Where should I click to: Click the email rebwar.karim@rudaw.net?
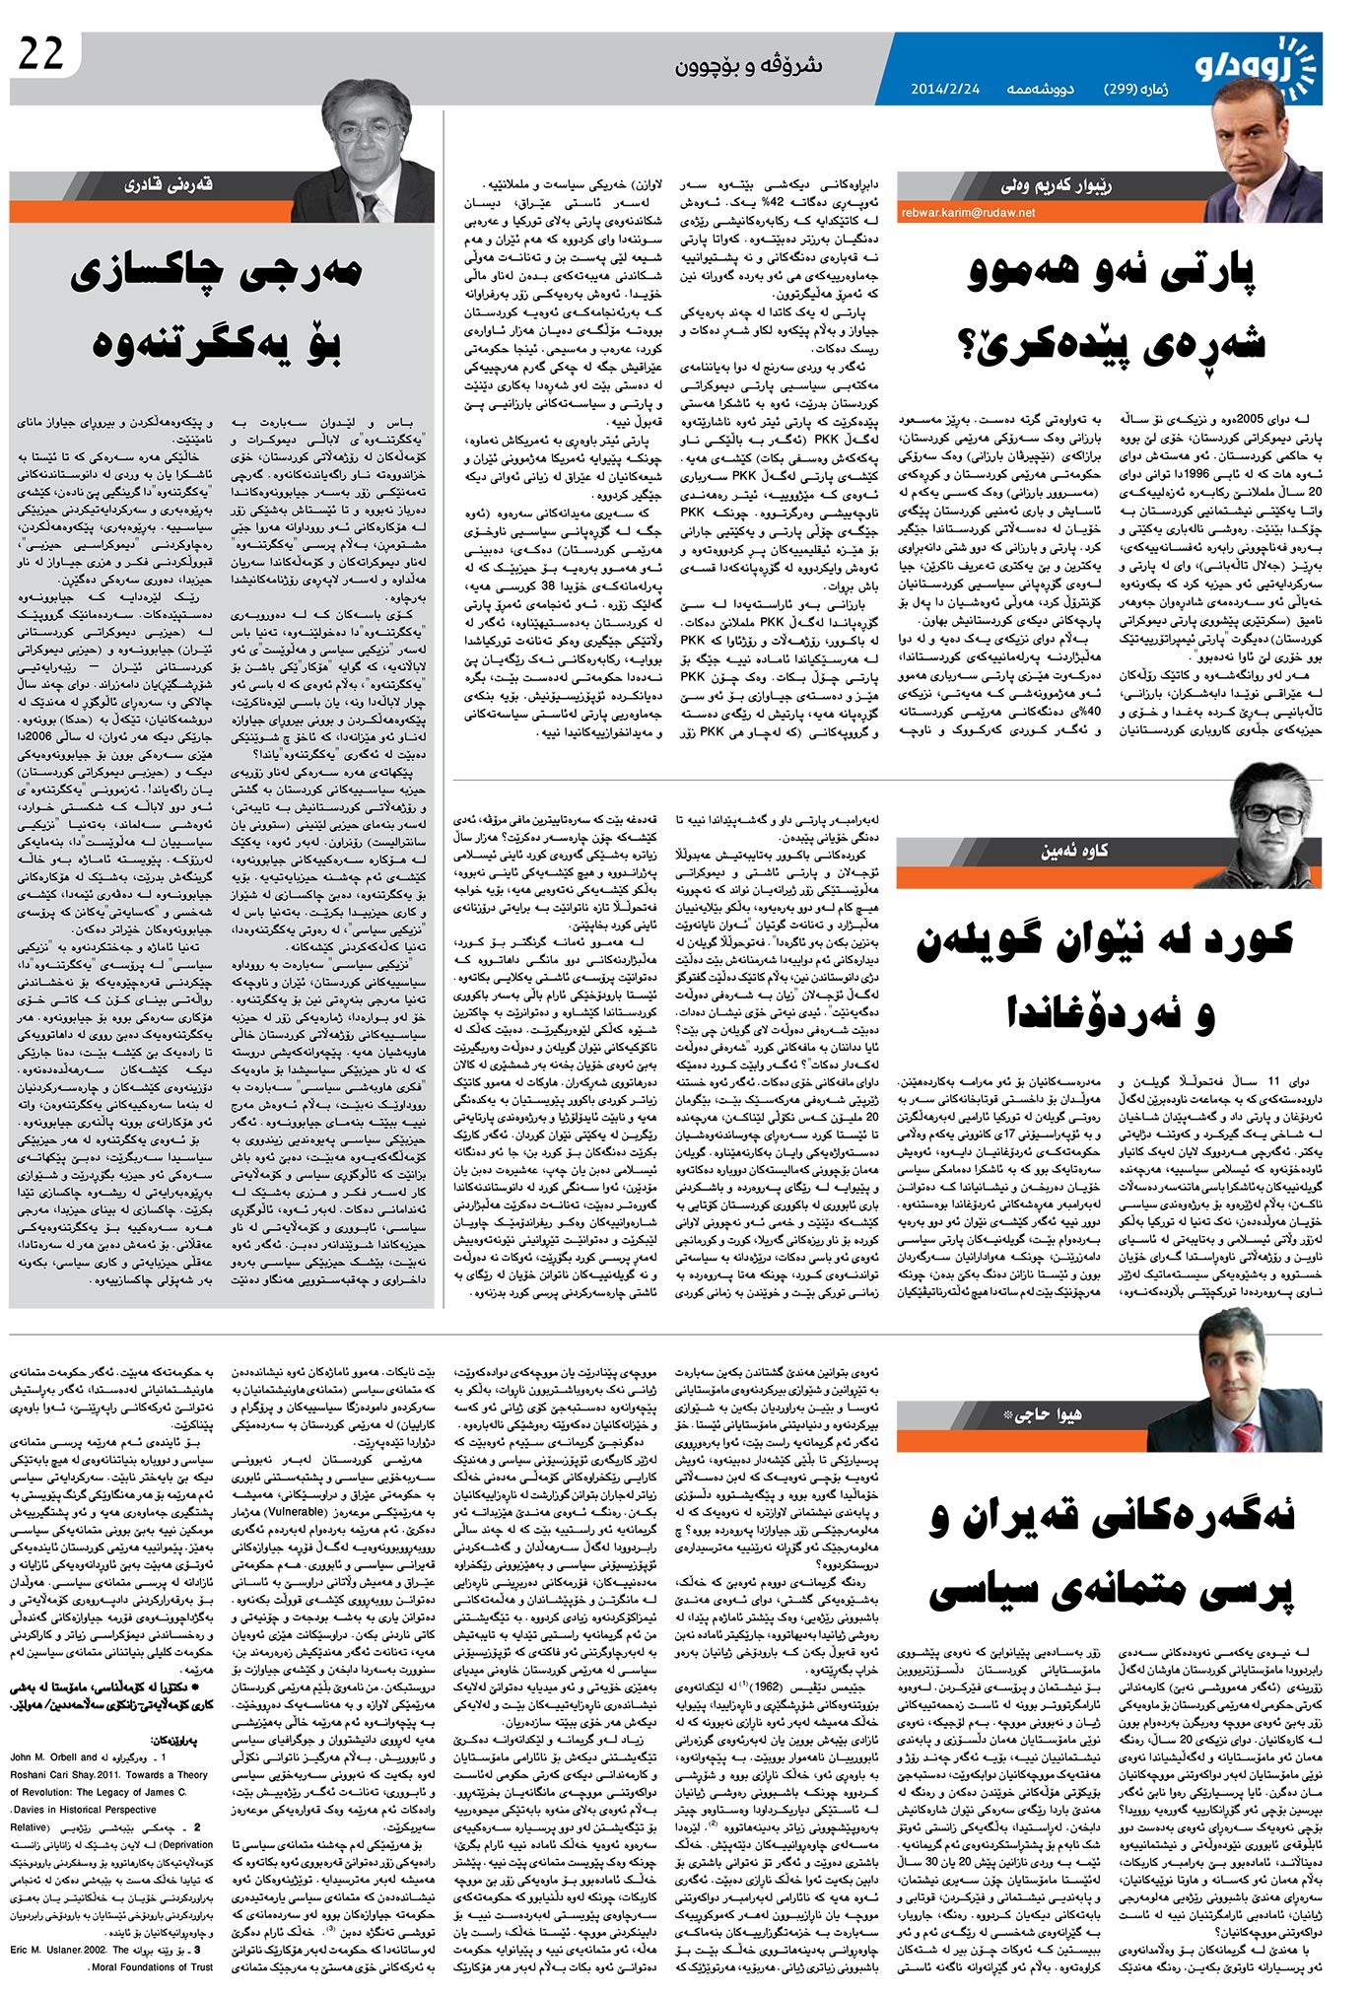coord(967,212)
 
